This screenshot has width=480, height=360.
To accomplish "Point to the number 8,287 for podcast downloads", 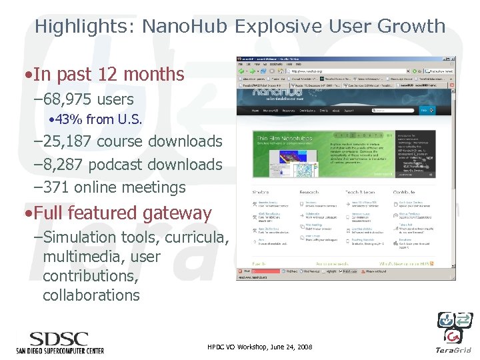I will tap(67, 164).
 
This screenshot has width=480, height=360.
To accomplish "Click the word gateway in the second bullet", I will tap(181, 213).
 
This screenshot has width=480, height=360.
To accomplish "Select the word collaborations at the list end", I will tap(91, 295).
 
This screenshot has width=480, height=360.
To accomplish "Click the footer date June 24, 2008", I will tap(287, 347).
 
